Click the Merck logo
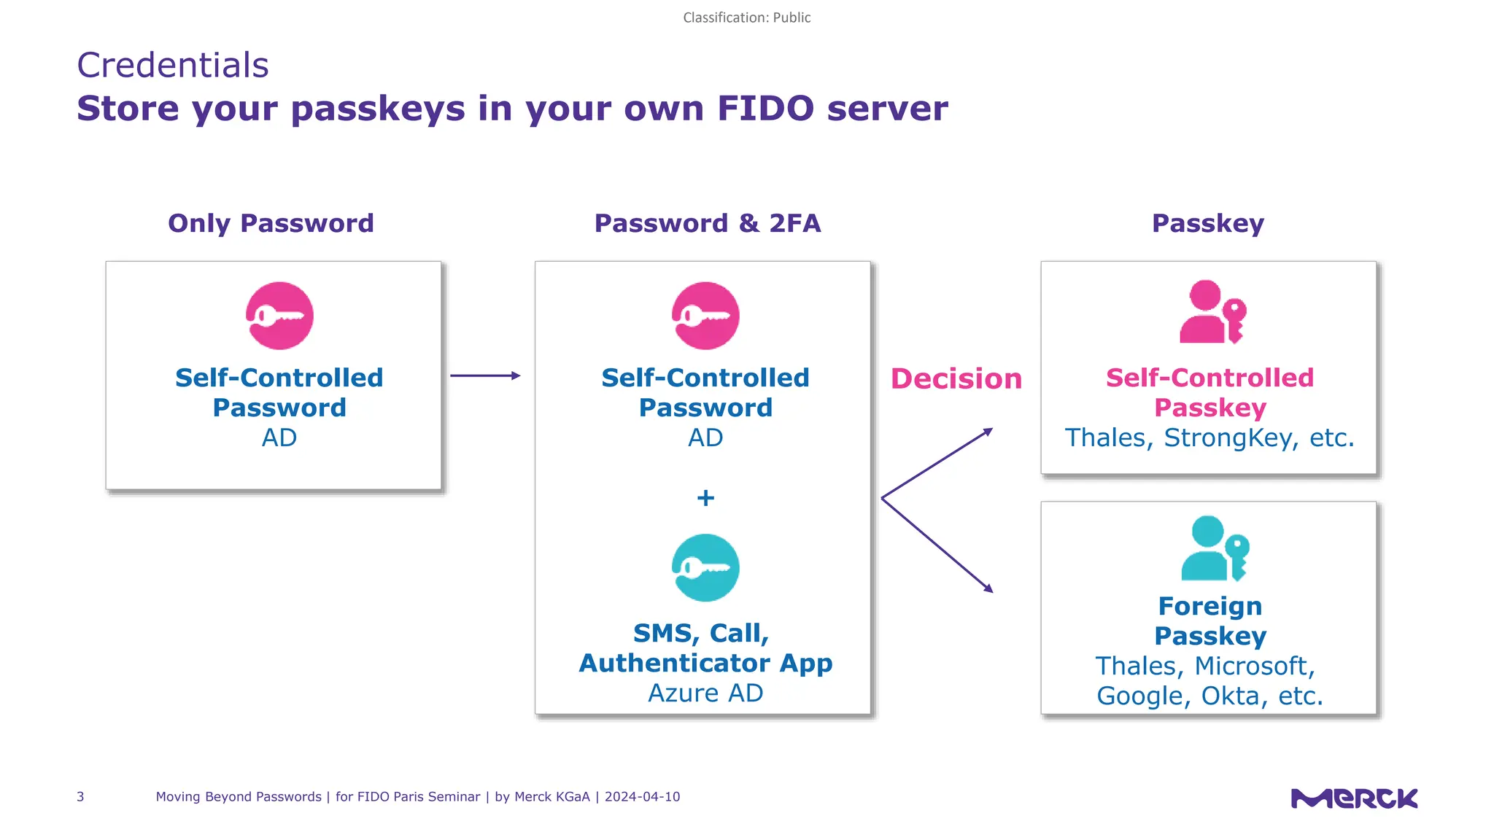point(1354,798)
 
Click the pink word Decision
point(956,379)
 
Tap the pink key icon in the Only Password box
point(279,316)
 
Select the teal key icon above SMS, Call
point(705,568)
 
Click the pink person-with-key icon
point(1211,312)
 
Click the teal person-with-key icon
point(1214,548)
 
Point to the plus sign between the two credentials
point(705,498)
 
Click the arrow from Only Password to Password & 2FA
point(485,376)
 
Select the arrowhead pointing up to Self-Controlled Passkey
point(988,432)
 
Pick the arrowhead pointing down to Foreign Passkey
point(988,588)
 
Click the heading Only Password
point(271,223)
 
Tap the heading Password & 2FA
point(708,223)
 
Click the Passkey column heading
point(1208,223)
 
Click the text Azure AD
point(705,693)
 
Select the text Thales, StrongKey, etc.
point(1209,437)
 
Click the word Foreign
point(1210,606)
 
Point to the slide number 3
point(80,797)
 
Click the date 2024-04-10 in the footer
point(642,797)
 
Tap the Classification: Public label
point(746,17)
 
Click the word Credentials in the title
point(173,66)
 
